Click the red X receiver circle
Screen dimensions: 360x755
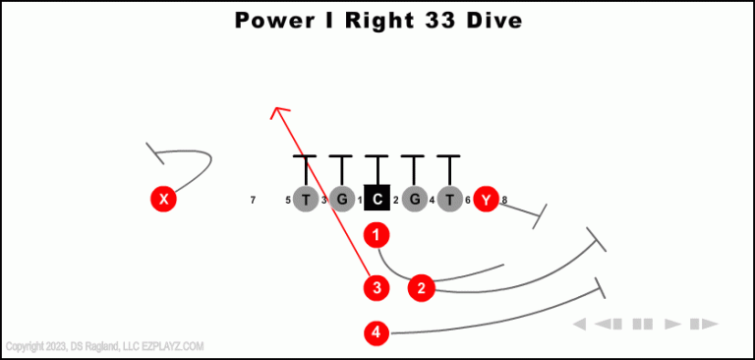coord(163,200)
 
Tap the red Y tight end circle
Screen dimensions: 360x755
coord(485,200)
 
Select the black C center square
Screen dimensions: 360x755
coord(377,200)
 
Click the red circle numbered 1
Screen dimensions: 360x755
coord(377,235)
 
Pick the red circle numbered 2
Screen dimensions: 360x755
coord(422,287)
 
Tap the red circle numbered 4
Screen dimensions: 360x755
coord(377,333)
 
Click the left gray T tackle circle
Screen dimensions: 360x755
coord(306,200)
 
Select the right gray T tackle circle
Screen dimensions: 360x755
coord(449,200)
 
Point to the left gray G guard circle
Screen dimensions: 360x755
coord(341,200)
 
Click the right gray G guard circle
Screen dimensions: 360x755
coord(414,200)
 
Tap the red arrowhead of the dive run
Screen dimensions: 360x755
coord(279,112)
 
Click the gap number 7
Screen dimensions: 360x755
coord(253,201)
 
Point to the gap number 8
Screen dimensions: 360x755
coord(504,201)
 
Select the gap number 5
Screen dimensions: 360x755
coord(288,201)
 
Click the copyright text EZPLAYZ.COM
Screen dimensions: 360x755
coord(173,346)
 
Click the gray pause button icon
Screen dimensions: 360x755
coord(643,324)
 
